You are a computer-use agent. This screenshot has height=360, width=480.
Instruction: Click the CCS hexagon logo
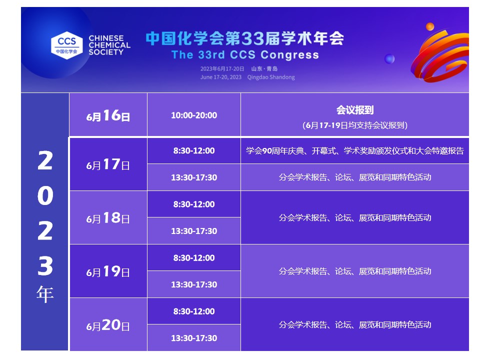(x=67, y=44)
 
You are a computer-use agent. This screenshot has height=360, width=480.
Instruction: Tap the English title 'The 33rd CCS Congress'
(x=245, y=54)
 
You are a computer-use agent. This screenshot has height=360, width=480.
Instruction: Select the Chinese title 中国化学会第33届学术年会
(x=244, y=38)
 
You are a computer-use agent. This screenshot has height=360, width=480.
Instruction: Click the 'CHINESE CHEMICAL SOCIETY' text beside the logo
(x=109, y=45)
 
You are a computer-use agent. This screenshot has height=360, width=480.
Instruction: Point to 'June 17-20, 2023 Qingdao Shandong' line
(x=247, y=77)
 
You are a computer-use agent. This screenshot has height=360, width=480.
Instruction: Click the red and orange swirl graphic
(x=438, y=59)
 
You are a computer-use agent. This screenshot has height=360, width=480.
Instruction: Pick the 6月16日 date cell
(x=108, y=116)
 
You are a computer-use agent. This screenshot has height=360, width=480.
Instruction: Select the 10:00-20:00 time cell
(x=194, y=115)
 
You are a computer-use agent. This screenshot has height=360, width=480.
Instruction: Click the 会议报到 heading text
(x=354, y=110)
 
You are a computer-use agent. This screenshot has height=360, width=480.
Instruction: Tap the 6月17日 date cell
(x=108, y=164)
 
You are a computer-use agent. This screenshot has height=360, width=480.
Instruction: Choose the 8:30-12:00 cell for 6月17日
(x=194, y=150)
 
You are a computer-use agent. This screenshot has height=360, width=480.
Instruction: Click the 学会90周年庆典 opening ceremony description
(x=354, y=150)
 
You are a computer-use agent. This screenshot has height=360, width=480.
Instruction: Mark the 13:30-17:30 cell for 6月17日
(x=194, y=177)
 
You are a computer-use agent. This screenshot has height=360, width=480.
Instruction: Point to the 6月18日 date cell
(x=108, y=218)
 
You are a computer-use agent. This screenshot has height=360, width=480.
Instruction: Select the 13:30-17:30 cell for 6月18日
(x=194, y=231)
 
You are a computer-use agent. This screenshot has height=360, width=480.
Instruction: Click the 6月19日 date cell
(x=108, y=271)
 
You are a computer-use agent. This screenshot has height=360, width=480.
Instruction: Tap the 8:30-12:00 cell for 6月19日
(x=194, y=258)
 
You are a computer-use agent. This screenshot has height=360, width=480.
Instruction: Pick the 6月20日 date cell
(x=108, y=325)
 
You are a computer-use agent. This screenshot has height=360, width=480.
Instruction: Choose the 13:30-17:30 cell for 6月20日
(x=194, y=338)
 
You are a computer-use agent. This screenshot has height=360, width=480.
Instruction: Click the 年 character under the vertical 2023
(x=45, y=294)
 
